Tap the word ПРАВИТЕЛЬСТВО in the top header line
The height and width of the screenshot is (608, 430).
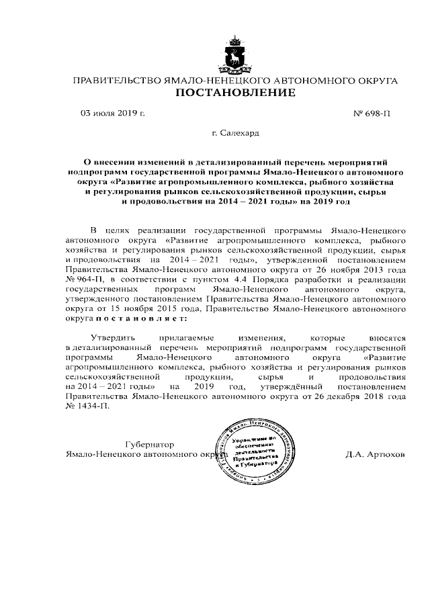(x=112, y=81)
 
